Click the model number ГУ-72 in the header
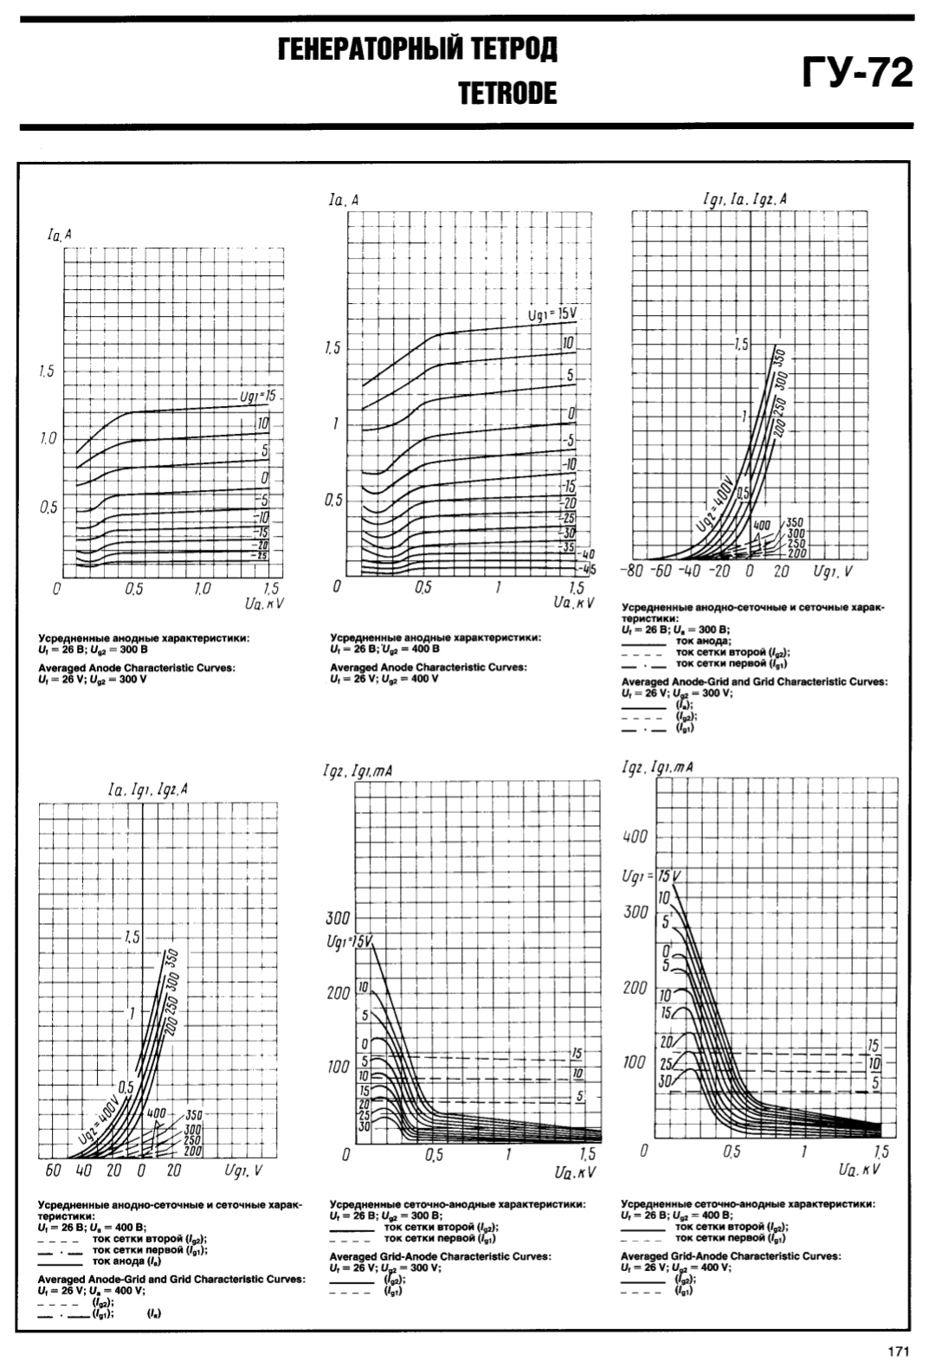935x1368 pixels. [x=858, y=73]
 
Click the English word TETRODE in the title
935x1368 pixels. [x=507, y=93]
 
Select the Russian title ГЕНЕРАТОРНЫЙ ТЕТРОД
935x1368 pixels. [x=417, y=49]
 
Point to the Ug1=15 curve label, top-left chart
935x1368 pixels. [x=258, y=397]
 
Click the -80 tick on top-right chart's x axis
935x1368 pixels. [x=632, y=572]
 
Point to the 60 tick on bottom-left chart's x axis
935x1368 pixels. [x=52, y=1171]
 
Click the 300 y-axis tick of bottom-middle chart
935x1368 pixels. [x=337, y=918]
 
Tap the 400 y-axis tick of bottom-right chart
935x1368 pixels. [x=635, y=837]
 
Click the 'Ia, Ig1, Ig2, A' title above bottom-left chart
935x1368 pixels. [x=148, y=790]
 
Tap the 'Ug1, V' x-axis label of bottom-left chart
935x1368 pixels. [x=243, y=1171]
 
